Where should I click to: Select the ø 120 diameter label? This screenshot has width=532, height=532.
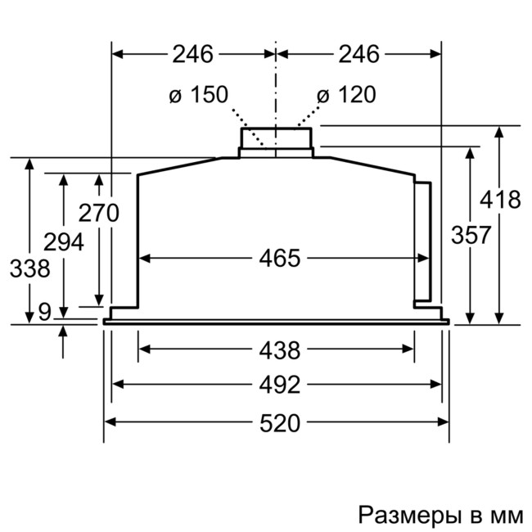tap(345, 95)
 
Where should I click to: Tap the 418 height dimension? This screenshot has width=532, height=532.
tap(499, 199)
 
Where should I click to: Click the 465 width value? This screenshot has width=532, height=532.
tap(280, 259)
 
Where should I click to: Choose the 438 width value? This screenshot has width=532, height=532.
tap(280, 350)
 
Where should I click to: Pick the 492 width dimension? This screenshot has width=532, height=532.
tap(280, 384)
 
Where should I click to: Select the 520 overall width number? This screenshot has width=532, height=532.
tap(280, 422)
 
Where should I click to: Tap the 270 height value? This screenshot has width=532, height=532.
tap(98, 213)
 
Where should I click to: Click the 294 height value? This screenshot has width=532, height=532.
tap(64, 242)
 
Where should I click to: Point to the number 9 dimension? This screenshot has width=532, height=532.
tap(43, 311)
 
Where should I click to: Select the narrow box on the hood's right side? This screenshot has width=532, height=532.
tap(423, 241)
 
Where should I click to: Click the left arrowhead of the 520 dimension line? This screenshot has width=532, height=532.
tap(109, 422)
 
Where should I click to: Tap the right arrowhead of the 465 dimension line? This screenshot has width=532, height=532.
tap(423, 259)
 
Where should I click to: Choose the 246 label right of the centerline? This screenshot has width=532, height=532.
tap(358, 54)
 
